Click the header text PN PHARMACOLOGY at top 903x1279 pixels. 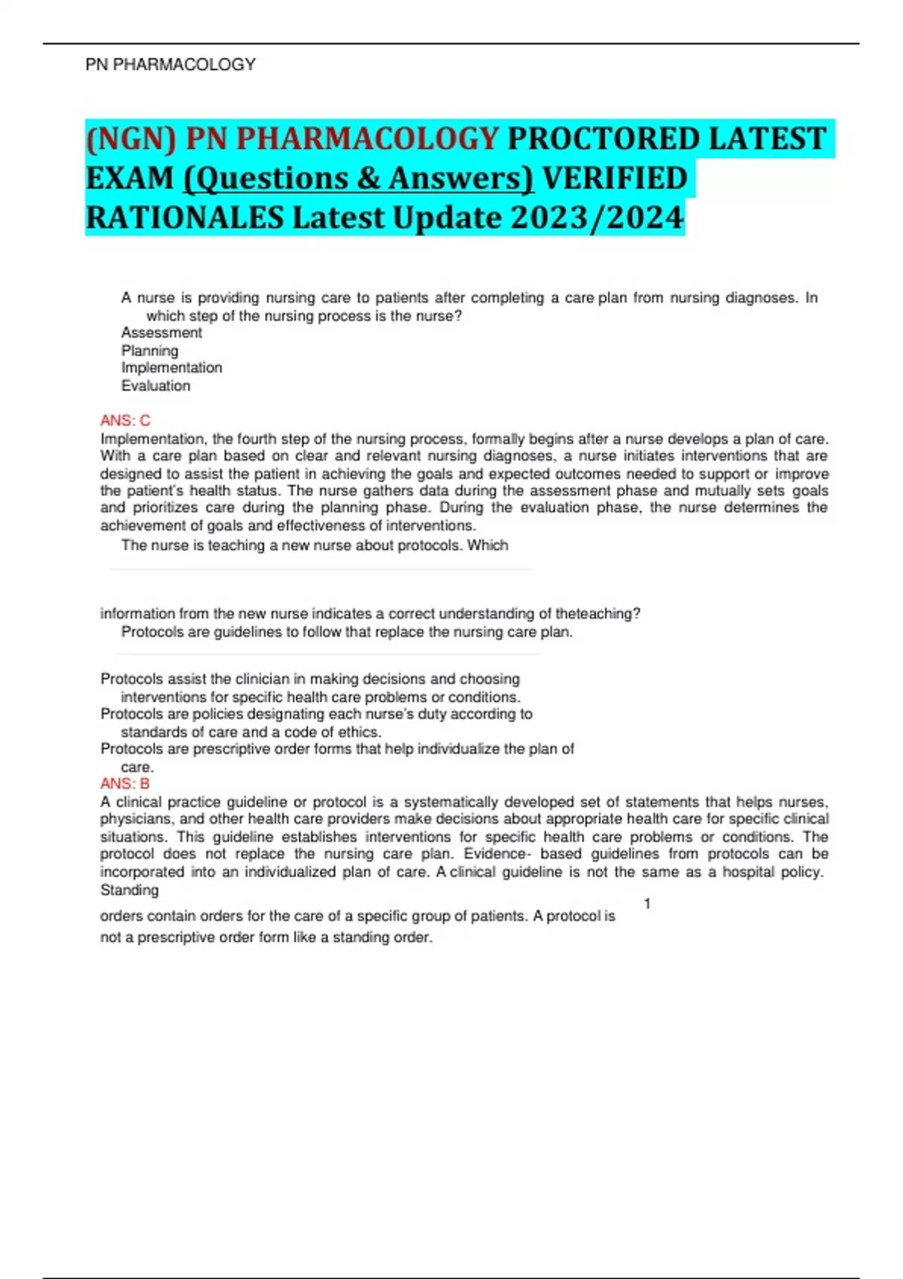point(171,65)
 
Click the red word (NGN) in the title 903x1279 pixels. point(131,138)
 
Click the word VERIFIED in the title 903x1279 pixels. point(614,178)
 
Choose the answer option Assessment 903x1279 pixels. point(162,333)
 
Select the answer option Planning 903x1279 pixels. point(150,351)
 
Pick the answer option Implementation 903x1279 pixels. point(172,368)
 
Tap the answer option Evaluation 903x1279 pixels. point(156,386)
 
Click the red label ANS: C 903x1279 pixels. point(126,421)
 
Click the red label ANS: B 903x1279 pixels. point(125,784)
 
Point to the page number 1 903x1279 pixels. point(647,904)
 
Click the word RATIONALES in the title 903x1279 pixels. point(184,218)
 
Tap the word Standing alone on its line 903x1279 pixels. point(129,890)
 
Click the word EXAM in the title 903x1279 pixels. point(129,178)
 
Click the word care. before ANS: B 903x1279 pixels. point(137,767)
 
